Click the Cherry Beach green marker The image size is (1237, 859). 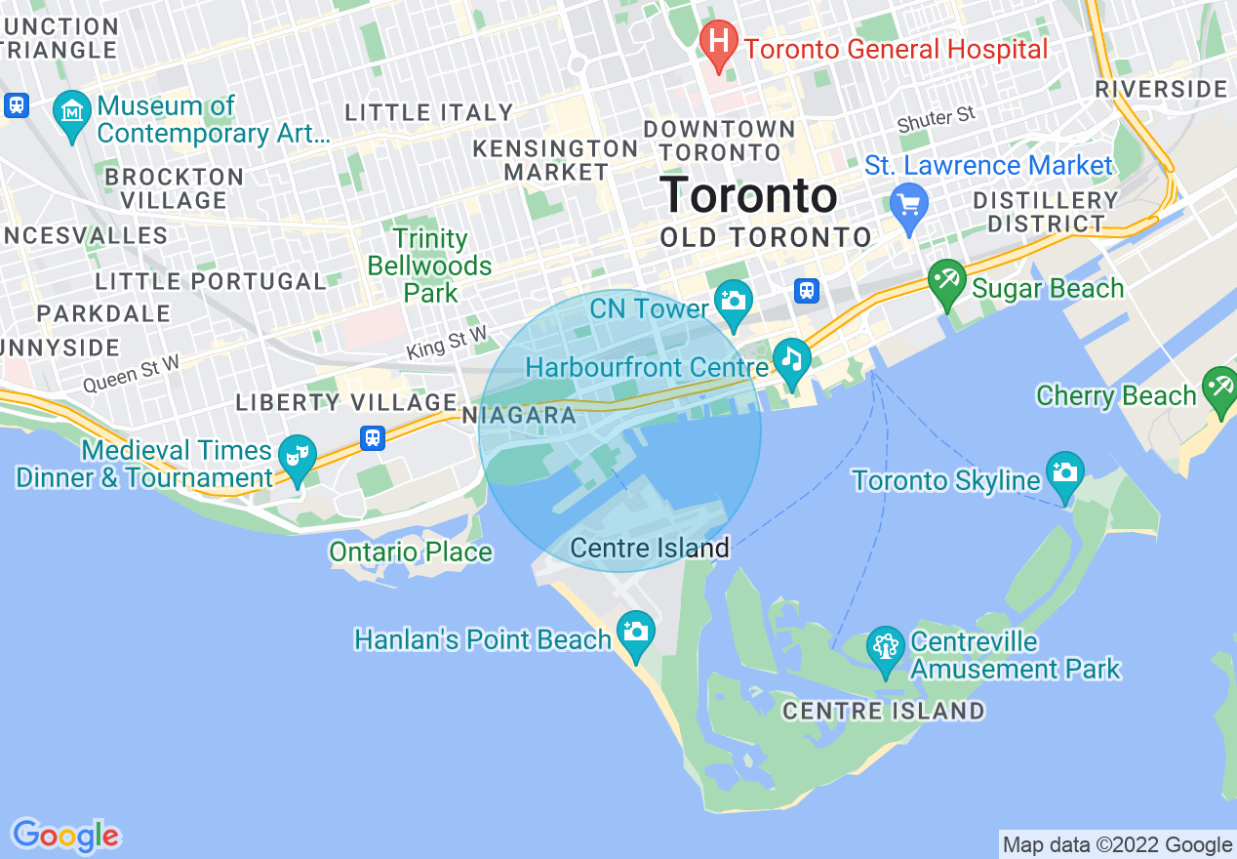click(1219, 389)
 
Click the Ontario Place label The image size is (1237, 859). click(410, 552)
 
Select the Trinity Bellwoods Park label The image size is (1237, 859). click(430, 266)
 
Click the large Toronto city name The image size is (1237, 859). click(748, 195)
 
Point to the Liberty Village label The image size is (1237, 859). click(346, 402)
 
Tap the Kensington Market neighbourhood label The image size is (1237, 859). click(555, 160)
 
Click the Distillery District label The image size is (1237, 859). click(1045, 212)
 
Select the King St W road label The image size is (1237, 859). click(446, 344)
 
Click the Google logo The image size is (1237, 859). click(65, 837)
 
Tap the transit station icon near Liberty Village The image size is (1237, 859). click(372, 438)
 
